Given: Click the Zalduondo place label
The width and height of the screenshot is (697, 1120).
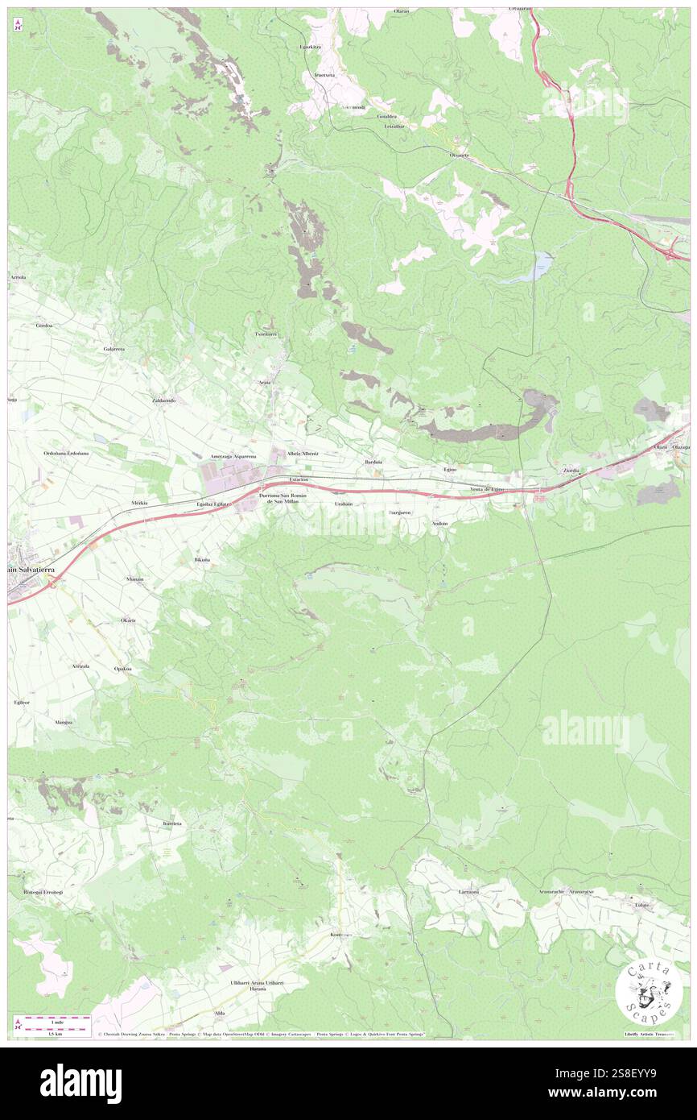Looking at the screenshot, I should coord(163,400).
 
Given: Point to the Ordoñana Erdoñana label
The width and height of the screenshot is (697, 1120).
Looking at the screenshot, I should coord(67,453).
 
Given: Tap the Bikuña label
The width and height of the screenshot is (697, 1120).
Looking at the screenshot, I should coord(202,558).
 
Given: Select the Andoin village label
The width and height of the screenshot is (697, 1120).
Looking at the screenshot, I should coord(439,523).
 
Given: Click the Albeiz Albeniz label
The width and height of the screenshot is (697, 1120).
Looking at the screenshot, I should coord(303,454).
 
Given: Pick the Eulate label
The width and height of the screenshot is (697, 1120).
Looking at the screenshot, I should coord(641,904).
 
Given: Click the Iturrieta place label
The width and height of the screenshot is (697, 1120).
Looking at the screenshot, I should coord(172,823).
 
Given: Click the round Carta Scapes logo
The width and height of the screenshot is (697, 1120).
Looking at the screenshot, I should coord(649,992).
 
